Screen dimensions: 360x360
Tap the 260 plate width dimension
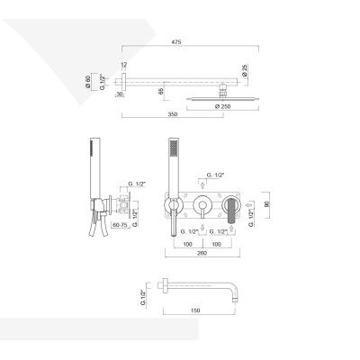pyautogui.click(x=207, y=253)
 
